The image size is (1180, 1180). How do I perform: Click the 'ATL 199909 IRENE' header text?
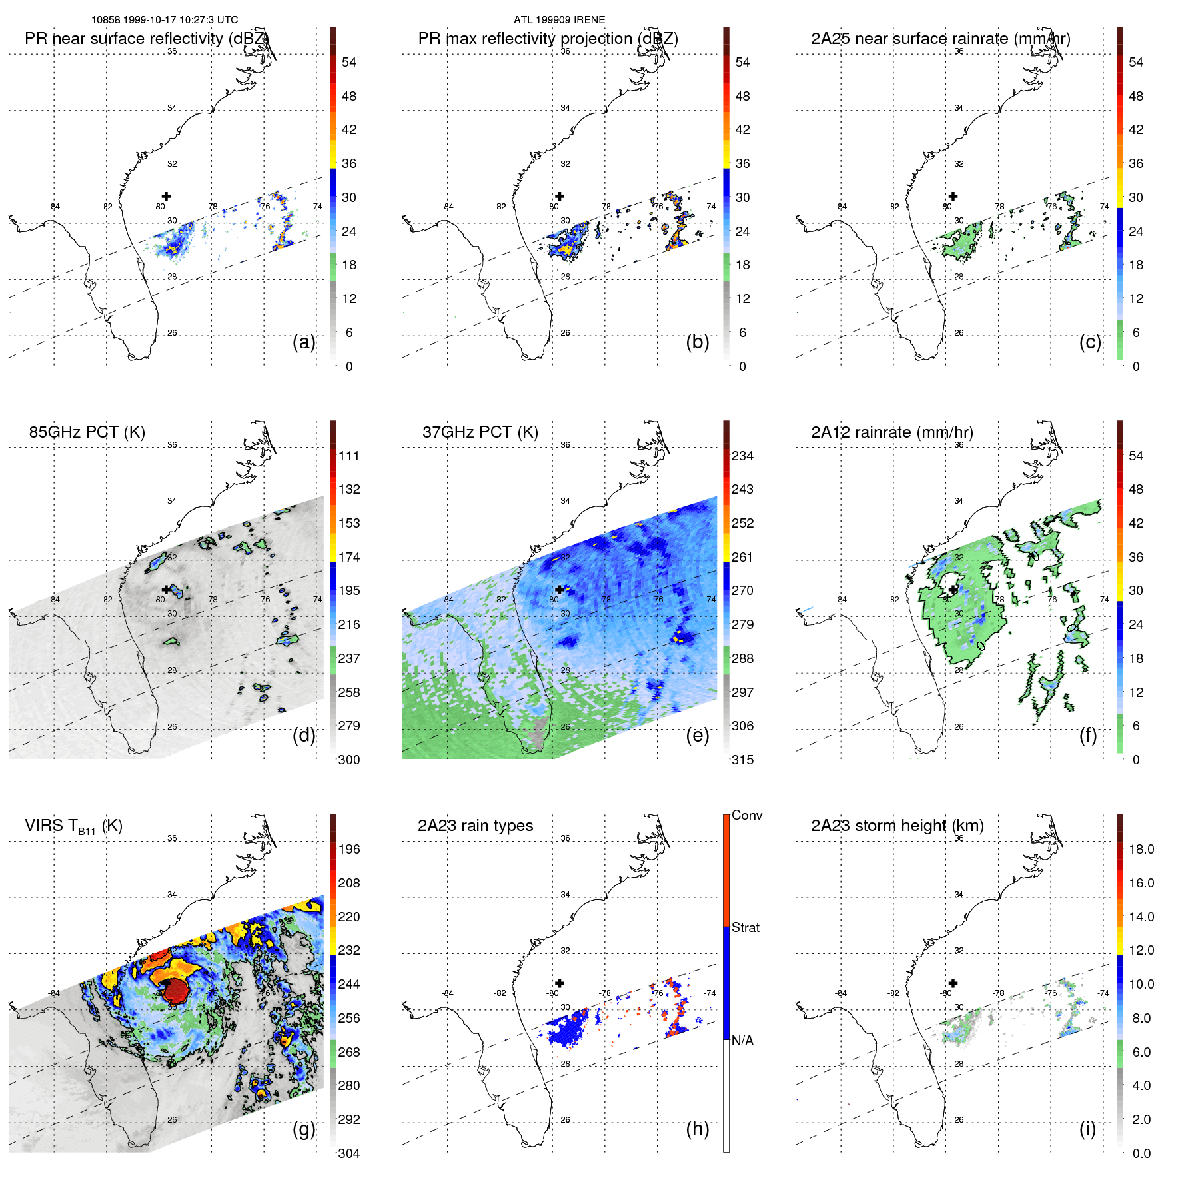click(x=559, y=20)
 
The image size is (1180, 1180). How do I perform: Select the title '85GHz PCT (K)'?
click(x=87, y=432)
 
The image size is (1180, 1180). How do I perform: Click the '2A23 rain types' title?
click(x=475, y=826)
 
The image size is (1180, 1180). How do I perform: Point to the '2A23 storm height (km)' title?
click(x=897, y=826)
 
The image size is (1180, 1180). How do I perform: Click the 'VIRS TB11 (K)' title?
click(x=73, y=826)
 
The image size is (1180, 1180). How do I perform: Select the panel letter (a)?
click(x=304, y=342)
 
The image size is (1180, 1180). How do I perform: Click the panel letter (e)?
click(x=697, y=735)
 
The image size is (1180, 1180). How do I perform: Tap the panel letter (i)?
click(x=1087, y=1129)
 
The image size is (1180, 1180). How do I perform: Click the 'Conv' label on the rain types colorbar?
click(x=746, y=815)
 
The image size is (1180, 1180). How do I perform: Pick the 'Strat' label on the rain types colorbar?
click(x=745, y=927)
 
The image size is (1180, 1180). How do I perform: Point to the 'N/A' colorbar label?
click(x=742, y=1041)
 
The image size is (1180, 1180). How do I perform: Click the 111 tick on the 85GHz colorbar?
click(x=349, y=456)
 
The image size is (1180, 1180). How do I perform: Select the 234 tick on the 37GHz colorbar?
click(x=742, y=456)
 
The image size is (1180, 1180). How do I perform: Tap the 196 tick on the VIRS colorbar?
click(x=349, y=849)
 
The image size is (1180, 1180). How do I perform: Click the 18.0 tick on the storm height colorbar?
click(x=1141, y=849)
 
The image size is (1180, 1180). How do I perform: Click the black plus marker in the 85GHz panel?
click(x=166, y=590)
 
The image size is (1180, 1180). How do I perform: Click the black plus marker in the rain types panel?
click(x=560, y=983)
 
